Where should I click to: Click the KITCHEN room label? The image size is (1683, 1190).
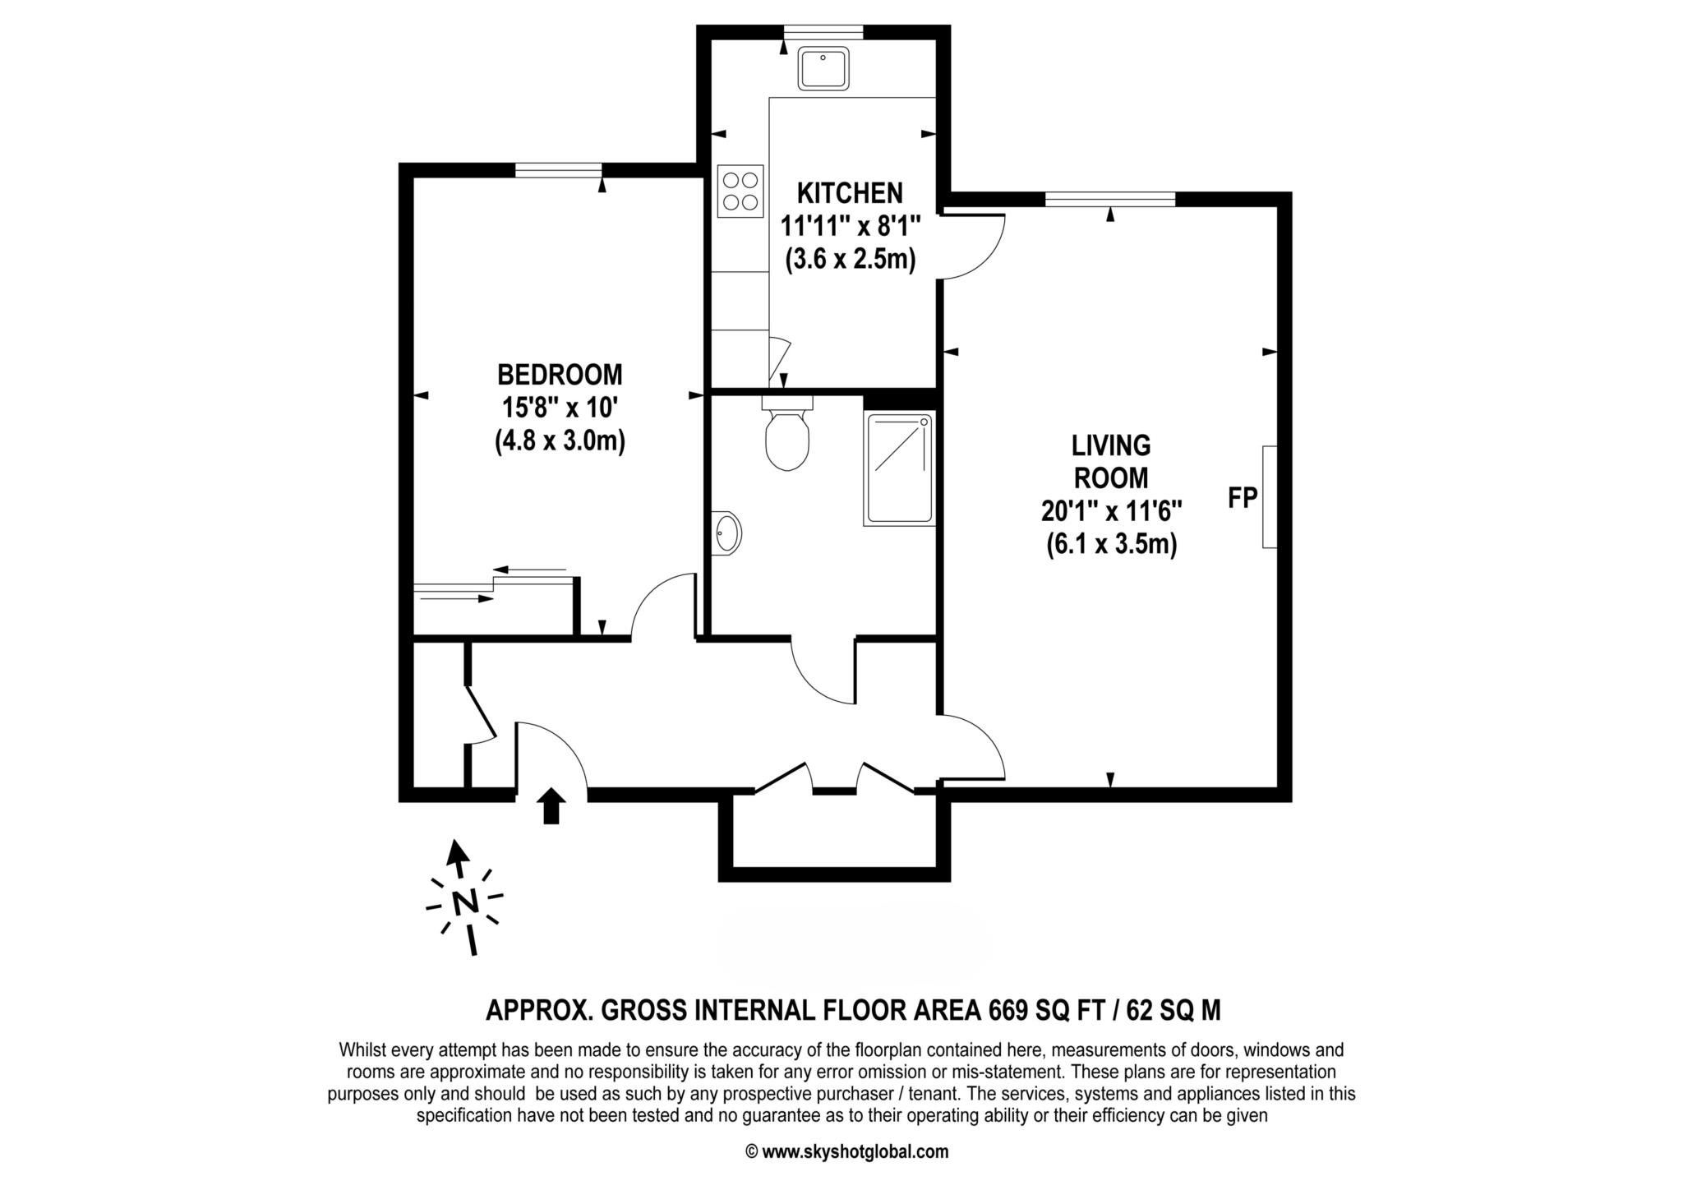tap(850, 193)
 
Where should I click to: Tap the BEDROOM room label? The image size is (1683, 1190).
tap(560, 375)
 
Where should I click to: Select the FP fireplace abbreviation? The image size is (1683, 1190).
tap(1243, 497)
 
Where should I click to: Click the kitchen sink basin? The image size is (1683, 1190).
tap(823, 67)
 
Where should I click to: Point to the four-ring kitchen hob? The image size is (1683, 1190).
tap(740, 191)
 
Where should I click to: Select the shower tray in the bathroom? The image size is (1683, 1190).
tap(900, 469)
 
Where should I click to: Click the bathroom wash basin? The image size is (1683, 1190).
tap(726, 533)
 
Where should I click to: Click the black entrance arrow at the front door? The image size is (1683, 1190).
tap(551, 805)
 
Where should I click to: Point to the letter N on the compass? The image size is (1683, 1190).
tap(466, 902)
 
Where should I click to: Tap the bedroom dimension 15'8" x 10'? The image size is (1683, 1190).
tap(560, 408)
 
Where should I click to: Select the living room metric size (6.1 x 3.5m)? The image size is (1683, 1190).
tap(1111, 544)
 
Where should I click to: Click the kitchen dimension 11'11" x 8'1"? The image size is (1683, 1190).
tap(850, 226)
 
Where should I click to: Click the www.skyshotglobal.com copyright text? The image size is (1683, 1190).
tap(846, 1151)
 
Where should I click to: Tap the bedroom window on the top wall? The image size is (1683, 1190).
tap(559, 170)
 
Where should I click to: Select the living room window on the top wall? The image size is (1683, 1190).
tap(1110, 199)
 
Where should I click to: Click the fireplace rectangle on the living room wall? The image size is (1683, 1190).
tap(1270, 496)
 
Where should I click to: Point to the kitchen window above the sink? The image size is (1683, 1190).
tap(823, 32)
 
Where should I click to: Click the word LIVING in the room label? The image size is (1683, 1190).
tap(1111, 446)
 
